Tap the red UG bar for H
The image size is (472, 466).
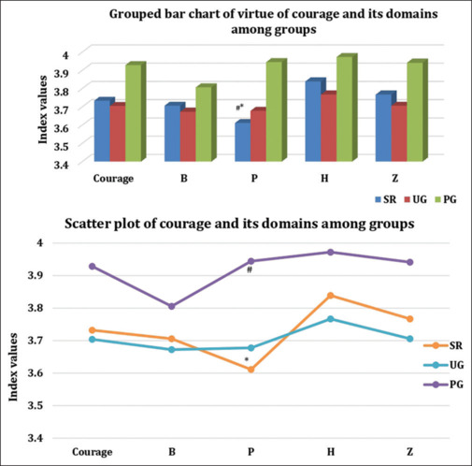[329, 126]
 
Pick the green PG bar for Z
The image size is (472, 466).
[417, 110]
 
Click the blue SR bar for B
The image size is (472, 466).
[172, 132]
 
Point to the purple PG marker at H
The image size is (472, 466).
[331, 252]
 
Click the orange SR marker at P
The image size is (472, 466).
[250, 370]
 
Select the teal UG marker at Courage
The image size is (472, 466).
[93, 339]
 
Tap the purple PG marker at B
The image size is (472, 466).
[172, 306]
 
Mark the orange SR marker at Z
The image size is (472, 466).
[410, 319]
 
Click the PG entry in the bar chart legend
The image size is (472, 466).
[446, 199]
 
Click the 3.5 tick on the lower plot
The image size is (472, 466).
[36, 405]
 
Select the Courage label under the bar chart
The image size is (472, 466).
[113, 179]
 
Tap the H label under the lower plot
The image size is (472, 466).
[331, 452]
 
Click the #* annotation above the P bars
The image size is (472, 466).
[239, 108]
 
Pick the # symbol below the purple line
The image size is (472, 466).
[250, 270]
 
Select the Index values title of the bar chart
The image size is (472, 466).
[43, 109]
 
